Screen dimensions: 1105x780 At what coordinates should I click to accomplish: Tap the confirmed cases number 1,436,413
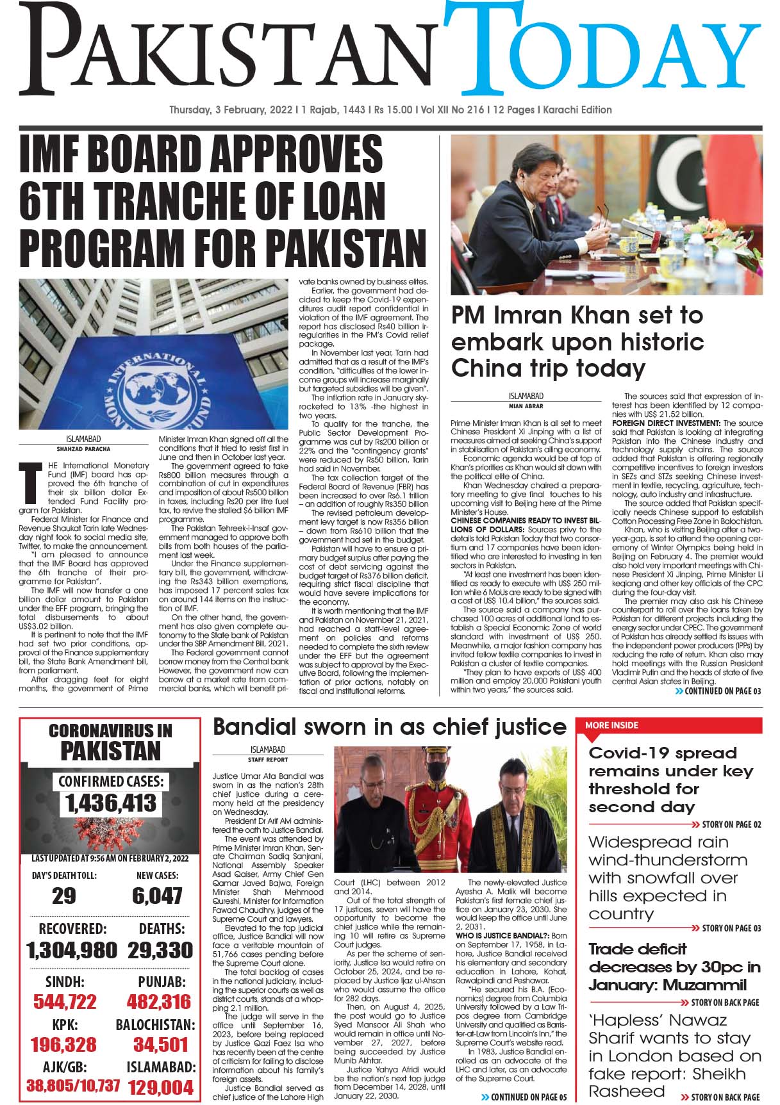[110, 803]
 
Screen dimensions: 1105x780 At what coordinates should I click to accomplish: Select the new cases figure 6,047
[158, 896]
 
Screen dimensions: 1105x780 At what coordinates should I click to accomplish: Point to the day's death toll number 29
[63, 896]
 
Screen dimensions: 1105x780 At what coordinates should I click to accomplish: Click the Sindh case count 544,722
[65, 1002]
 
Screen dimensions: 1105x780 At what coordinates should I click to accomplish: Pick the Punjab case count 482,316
[159, 1002]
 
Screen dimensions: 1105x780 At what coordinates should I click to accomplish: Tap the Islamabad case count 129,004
[160, 1087]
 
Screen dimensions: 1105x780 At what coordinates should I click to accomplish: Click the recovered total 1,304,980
[72, 950]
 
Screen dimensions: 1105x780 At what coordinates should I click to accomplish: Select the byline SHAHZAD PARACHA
[83, 448]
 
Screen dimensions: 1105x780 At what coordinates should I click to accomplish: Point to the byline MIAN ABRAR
[526, 405]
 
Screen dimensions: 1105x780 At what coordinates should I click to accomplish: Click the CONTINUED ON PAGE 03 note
[718, 691]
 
